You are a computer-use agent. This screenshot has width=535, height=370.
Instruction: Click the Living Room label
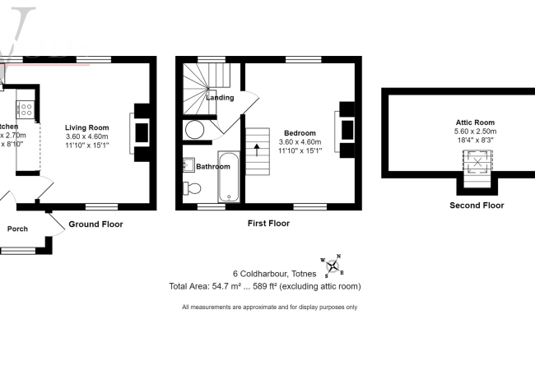pos(87,127)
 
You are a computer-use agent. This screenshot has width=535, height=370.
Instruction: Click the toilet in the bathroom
pos(193,188)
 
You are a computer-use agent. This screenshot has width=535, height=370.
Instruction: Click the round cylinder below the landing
pos(195,129)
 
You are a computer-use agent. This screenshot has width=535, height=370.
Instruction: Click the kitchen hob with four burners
pos(24,109)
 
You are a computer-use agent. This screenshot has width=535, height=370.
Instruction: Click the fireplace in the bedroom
pos(344,128)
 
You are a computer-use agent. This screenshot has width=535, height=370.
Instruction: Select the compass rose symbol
pos(333,265)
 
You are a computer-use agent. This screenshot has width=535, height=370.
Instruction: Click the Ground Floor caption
pos(96,224)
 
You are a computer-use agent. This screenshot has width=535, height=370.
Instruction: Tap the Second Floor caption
pos(477,206)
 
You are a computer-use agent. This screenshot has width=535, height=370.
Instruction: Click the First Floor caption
pos(268,223)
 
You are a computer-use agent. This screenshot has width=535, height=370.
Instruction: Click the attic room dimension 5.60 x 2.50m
pos(474,131)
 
